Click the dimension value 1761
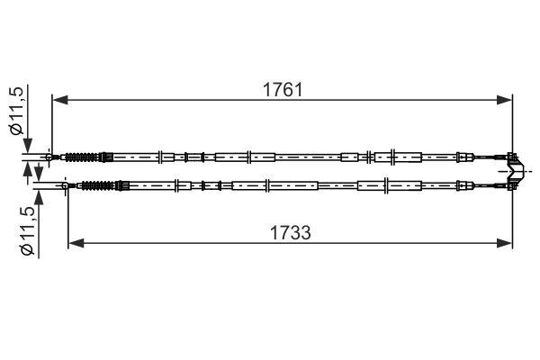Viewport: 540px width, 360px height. pos(283,90)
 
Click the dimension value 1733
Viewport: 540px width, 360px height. pos(291,233)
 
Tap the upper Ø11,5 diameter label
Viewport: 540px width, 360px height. pos(17,110)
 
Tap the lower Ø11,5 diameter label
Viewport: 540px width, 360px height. pos(28,231)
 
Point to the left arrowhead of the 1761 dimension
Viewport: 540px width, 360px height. pos(60,100)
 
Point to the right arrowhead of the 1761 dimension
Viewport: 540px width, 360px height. pos(505,100)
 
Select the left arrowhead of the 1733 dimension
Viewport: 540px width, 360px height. pos(76,243)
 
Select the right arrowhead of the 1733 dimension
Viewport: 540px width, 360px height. pos(505,243)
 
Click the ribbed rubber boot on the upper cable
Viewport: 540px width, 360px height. pos(82,157)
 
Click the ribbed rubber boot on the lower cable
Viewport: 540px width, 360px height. pos(98,185)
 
